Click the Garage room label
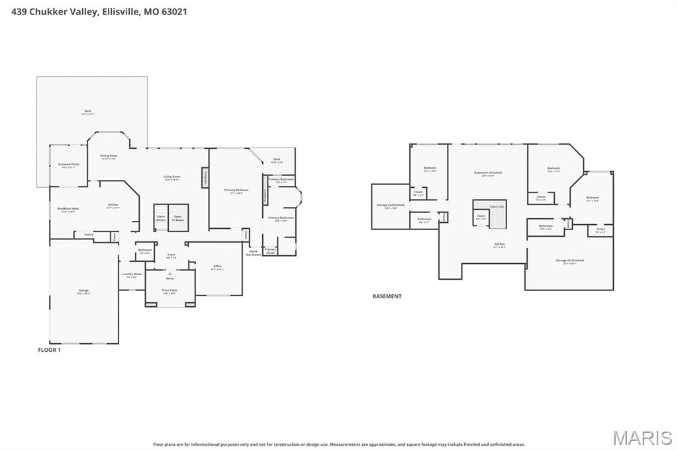[x=84, y=291]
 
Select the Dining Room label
[x=109, y=157]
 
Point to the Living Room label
[x=172, y=177]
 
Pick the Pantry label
[x=88, y=234]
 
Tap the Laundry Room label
[x=132, y=274]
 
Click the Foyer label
[x=171, y=255]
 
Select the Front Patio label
[x=169, y=291]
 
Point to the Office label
[x=217, y=267]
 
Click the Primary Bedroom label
[x=236, y=191]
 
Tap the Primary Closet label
[x=270, y=250]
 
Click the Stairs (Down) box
[x=161, y=218]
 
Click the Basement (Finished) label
[x=488, y=174]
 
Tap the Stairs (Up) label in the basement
[x=497, y=206]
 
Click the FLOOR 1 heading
[x=49, y=350]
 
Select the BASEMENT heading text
[x=387, y=296]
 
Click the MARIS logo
[x=642, y=438]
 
